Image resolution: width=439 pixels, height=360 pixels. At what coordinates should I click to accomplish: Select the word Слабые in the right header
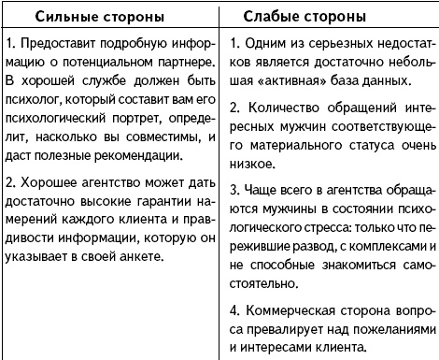(x=285, y=18)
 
